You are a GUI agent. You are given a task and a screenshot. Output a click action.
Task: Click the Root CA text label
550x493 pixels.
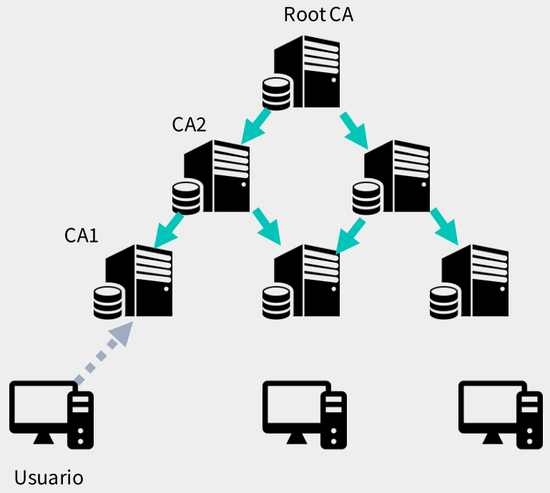pyautogui.click(x=318, y=14)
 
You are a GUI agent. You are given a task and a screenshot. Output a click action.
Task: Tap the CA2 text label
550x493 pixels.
pyautogui.click(x=189, y=125)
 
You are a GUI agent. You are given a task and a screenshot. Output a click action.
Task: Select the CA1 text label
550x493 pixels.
pyautogui.click(x=81, y=235)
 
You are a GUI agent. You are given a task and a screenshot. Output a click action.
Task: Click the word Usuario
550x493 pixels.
pyautogui.click(x=49, y=477)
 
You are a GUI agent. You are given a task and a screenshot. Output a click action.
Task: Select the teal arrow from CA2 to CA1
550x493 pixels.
pyautogui.click(x=168, y=230)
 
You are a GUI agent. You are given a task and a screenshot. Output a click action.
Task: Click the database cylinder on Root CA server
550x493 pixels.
pyautogui.click(x=276, y=94)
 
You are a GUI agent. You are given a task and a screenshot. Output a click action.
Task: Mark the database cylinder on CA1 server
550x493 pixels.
pyautogui.click(x=108, y=303)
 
